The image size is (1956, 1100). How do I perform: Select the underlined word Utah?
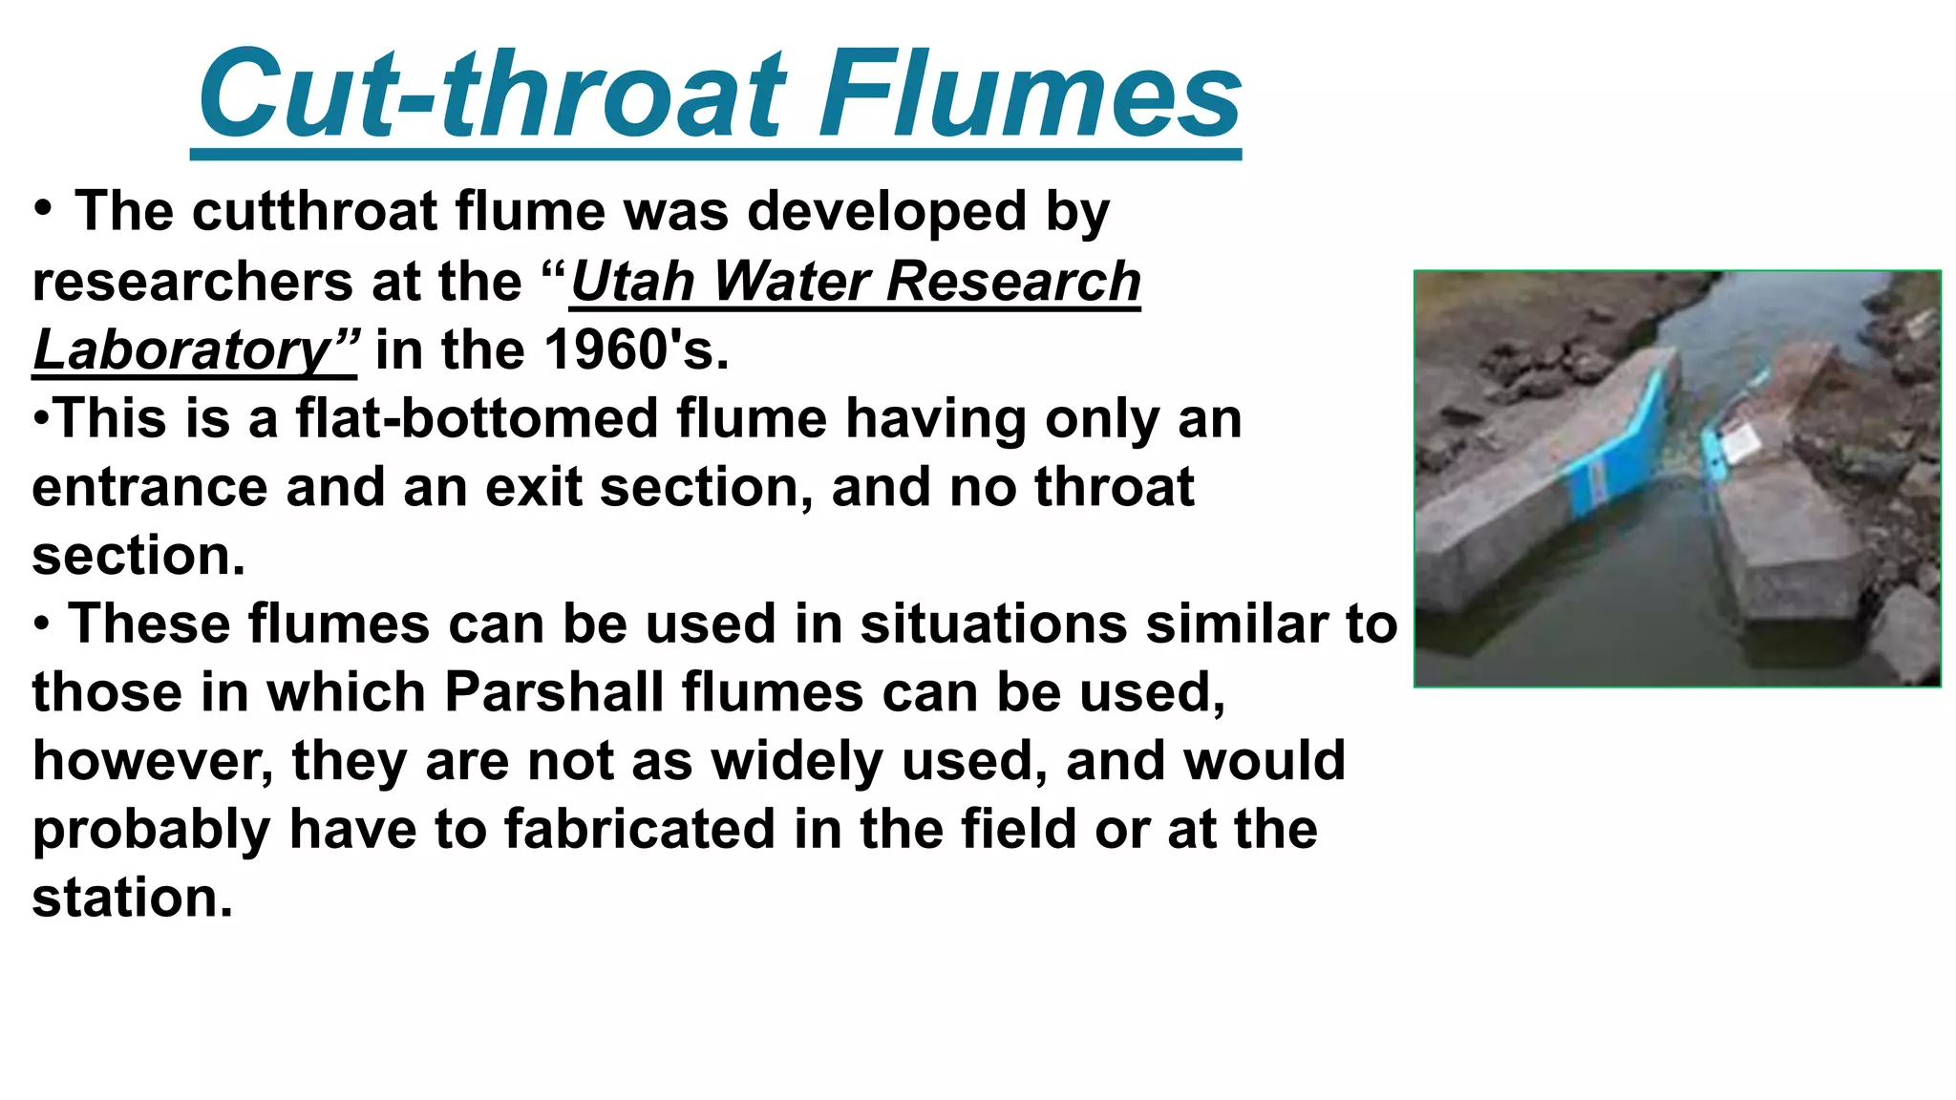632,282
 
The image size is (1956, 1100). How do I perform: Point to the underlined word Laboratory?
182,350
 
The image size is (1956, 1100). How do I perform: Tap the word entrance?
149,487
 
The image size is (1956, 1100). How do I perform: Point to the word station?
132,898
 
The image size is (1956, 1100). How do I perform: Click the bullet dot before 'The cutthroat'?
42,207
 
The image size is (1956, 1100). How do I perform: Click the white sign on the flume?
1739,441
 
